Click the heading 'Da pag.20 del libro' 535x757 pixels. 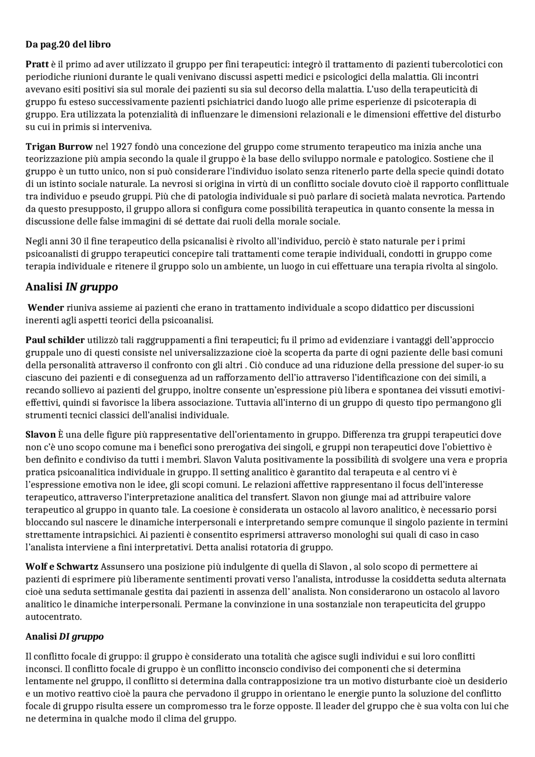coord(68,44)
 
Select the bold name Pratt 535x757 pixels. coord(37,64)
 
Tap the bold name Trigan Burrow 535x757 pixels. coord(59,147)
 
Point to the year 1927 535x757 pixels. coord(121,147)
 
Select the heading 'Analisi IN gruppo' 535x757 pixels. coord(71,287)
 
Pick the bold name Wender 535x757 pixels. coord(46,308)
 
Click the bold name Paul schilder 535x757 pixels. coord(55,340)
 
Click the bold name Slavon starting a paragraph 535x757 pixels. coord(41,435)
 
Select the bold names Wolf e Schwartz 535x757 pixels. coord(62,567)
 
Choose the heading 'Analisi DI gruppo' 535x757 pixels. coord(64,637)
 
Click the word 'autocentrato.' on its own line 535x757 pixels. coord(53,617)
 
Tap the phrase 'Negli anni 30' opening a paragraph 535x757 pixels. coord(53,242)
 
